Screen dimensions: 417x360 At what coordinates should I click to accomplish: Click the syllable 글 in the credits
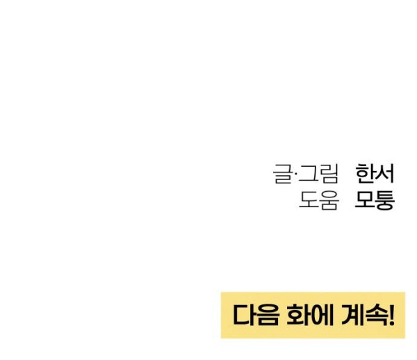(x=282, y=174)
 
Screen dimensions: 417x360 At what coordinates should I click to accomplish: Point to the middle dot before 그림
(x=295, y=174)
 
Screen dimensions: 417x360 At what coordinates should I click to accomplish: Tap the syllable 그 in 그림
(x=307, y=174)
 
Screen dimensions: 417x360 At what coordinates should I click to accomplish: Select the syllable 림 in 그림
(x=329, y=174)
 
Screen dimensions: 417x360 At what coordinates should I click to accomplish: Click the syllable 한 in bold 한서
(x=365, y=174)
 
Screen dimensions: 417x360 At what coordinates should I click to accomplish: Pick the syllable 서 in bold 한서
(x=384, y=174)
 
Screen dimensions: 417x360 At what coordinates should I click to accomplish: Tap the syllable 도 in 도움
(x=309, y=200)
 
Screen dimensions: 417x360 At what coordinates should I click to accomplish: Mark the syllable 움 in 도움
(x=329, y=200)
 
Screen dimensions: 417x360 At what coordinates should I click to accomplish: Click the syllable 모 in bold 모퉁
(x=365, y=199)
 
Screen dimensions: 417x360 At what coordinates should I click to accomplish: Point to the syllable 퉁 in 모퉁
(x=385, y=200)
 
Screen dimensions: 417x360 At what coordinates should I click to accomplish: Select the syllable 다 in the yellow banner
(x=245, y=315)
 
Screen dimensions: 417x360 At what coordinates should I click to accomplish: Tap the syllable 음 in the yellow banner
(x=268, y=315)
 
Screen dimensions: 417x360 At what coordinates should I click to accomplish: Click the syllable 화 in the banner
(x=298, y=315)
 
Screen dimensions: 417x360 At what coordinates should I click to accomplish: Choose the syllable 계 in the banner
(x=352, y=315)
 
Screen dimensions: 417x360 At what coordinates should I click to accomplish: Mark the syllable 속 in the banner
(x=376, y=315)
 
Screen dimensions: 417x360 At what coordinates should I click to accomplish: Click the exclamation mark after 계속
(x=391, y=316)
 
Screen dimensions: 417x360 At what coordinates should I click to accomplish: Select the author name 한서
(x=375, y=174)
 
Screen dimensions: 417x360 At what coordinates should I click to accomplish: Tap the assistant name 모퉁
(x=375, y=200)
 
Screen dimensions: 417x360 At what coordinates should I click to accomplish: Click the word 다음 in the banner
(x=256, y=315)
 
